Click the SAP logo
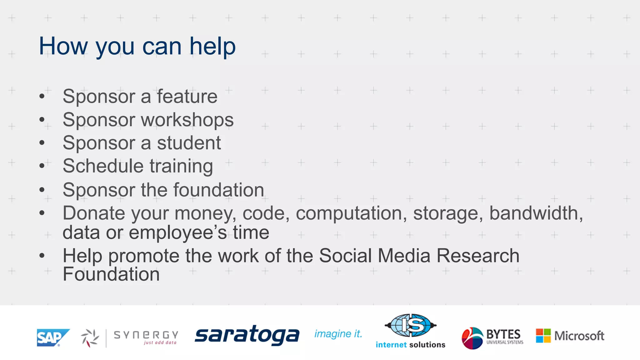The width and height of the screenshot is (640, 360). pyautogui.click(x=52, y=337)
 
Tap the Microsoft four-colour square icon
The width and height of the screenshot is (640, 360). pyautogui.click(x=543, y=336)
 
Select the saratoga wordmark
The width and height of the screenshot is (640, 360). pyautogui.click(x=247, y=335)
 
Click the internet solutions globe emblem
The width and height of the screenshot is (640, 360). pyautogui.click(x=410, y=325)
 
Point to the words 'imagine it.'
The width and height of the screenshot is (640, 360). pyautogui.click(x=338, y=334)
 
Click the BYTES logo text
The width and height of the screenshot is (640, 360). pyautogui.click(x=503, y=334)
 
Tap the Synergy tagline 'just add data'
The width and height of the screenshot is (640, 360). pyautogui.click(x=160, y=343)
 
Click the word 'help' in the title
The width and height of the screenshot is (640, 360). pyautogui.click(x=212, y=46)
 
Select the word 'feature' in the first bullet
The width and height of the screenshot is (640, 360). pyautogui.click(x=187, y=96)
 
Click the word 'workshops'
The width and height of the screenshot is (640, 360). pyautogui.click(x=187, y=120)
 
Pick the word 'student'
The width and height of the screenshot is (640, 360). pyautogui.click(x=189, y=143)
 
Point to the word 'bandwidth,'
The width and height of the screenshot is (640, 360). pyautogui.click(x=536, y=213)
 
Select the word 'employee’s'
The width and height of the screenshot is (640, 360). pyautogui.click(x=178, y=232)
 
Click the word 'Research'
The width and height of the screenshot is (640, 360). pyautogui.click(x=478, y=256)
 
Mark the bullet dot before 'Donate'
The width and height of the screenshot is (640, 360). pyautogui.click(x=42, y=213)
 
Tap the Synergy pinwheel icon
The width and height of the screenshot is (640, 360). pyautogui.click(x=90, y=338)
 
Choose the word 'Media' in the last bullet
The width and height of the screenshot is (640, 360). pyautogui.click(x=404, y=256)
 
